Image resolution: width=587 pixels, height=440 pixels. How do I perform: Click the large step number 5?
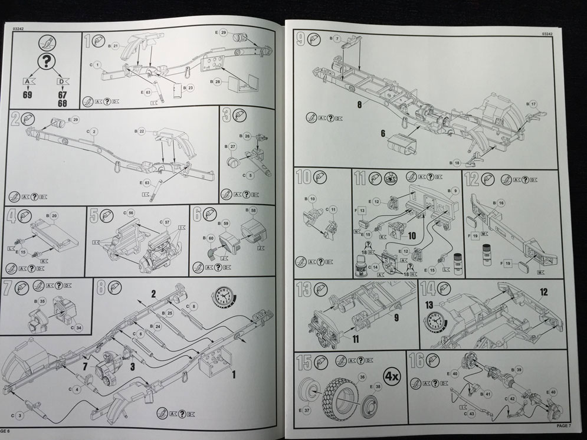pos(94,215)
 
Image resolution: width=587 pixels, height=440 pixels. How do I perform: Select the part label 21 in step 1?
pos(116,45)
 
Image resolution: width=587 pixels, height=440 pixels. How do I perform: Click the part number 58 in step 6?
pos(254,210)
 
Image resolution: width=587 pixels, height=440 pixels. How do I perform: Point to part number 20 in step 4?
pos(55,216)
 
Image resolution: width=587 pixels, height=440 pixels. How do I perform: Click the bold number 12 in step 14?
pos(543,291)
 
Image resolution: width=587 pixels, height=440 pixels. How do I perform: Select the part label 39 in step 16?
pos(519,370)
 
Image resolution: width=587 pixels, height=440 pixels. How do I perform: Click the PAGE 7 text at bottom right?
pos(566,425)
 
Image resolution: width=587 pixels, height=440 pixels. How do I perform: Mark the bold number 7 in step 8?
pos(87,367)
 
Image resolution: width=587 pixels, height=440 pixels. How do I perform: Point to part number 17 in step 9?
pos(533,104)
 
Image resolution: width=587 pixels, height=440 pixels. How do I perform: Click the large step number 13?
pos(303,290)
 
